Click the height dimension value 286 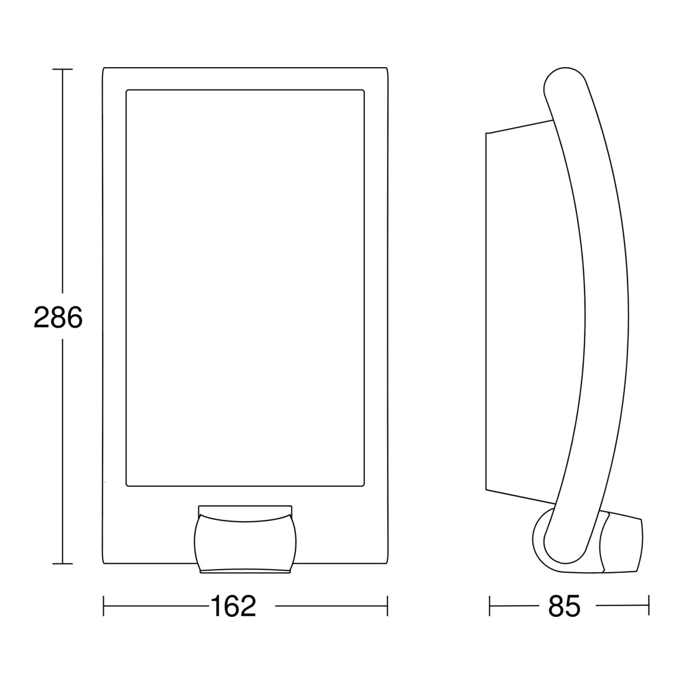point(58,317)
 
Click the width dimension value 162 point(233,606)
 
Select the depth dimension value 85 point(564,606)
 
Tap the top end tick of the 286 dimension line point(62,70)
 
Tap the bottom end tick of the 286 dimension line point(62,563)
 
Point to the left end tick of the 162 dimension point(103,606)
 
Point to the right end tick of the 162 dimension point(387,606)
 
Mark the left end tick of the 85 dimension point(489,606)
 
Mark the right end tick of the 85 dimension point(649,606)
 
